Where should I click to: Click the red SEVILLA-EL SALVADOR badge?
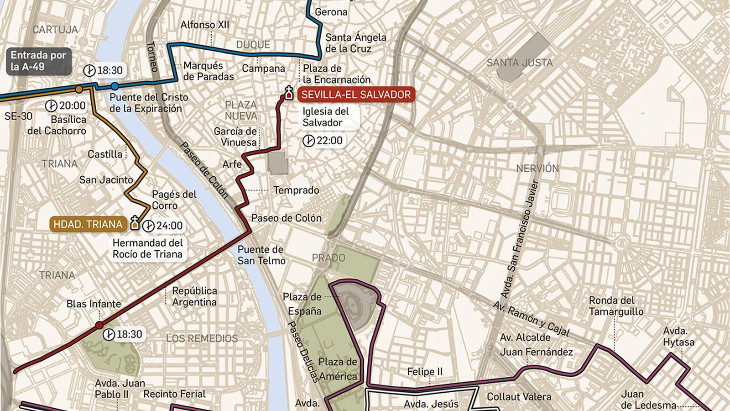pos(356,95)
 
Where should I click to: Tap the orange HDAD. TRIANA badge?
pos(88,224)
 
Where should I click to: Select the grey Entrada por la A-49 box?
pos(38,61)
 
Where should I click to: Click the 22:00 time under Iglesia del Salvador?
pos(323,141)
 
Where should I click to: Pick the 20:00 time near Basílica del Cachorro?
pos(66,106)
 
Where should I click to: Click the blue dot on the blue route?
pos(115,86)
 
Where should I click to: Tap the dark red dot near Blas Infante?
pos(99,325)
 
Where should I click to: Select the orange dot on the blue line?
pos(79,89)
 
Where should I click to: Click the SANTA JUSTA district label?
pos(519,63)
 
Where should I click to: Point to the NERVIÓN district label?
pos(537,168)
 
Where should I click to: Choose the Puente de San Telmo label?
pos(261,255)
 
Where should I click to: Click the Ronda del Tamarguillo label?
pos(615,306)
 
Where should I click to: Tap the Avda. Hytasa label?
pos(678,337)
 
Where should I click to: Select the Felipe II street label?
pos(424,372)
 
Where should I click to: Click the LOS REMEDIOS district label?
pos(202,338)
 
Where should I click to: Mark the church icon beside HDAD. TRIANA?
pos(135,223)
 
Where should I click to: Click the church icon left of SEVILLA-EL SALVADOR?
pos(288,93)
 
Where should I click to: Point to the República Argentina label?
pos(194,296)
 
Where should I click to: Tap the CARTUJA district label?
pos(55,30)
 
